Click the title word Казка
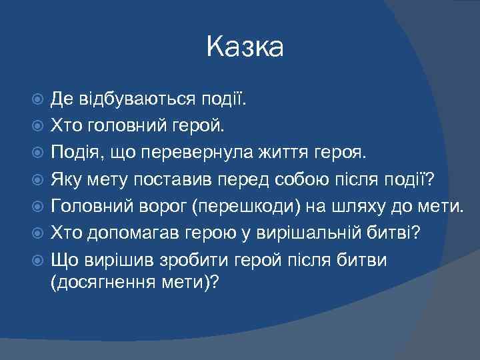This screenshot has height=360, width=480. click(245, 47)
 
